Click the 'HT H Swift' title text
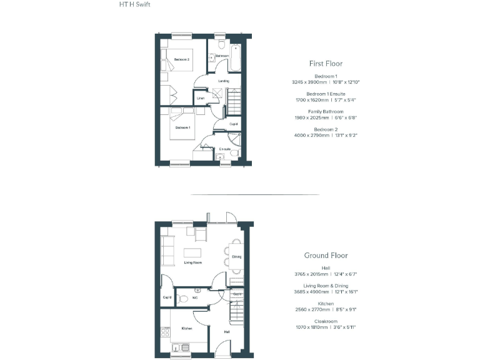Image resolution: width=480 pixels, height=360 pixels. point(134,4)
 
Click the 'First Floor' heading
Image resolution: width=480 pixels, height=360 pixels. point(326,63)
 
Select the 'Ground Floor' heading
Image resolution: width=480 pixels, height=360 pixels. point(326,255)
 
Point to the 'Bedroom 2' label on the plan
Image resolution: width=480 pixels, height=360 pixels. point(182,59)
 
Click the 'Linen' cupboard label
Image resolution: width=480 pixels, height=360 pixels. point(200,98)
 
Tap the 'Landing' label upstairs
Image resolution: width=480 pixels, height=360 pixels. point(223,81)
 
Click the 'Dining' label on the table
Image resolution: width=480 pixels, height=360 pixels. point(236,257)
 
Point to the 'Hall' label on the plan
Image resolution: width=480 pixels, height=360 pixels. point(227,332)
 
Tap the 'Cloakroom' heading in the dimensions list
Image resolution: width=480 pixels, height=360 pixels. point(326,321)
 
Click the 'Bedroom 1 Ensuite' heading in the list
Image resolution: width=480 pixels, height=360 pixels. point(326,94)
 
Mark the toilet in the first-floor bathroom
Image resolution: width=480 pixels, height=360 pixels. point(222,45)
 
